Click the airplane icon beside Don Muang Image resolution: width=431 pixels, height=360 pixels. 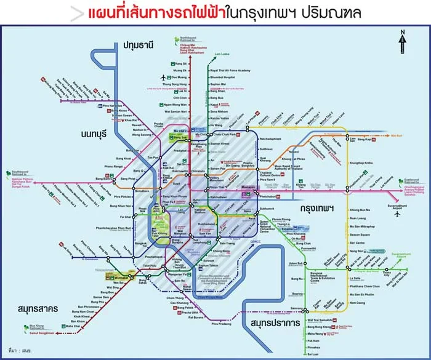coord(163,78)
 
